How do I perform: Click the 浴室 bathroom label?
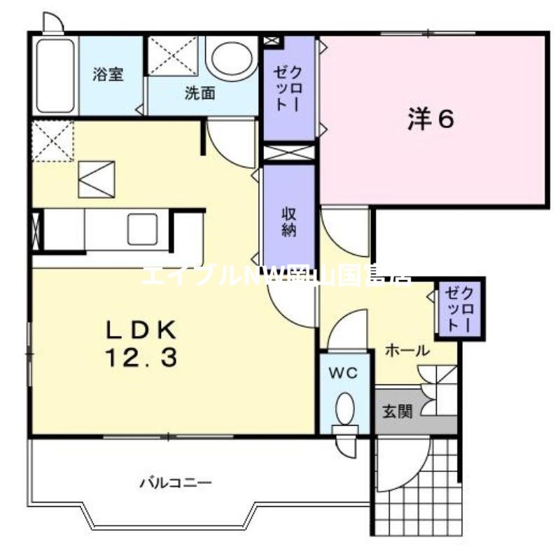coord(108,74)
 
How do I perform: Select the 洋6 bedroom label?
coord(431,119)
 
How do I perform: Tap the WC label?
coord(344,373)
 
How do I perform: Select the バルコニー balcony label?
coord(175,482)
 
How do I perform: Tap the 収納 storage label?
coord(289,222)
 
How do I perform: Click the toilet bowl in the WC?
coord(344,410)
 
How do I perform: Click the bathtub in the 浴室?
coord(55,76)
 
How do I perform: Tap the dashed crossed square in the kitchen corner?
coord(52,140)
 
